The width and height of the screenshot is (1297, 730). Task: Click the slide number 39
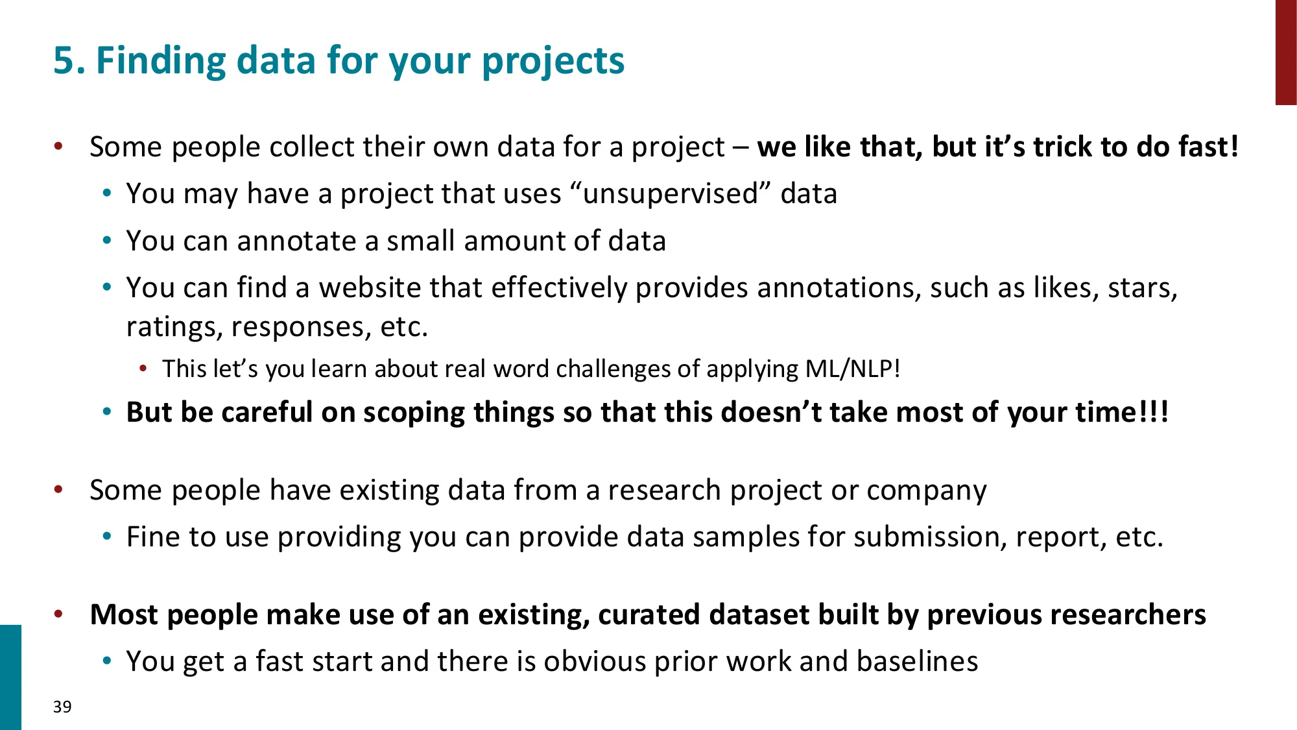[x=62, y=707]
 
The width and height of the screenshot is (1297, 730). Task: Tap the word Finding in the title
[x=160, y=61]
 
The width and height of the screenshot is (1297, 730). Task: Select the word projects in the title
[x=553, y=61]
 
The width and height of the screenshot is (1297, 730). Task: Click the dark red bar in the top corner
[x=1285, y=52]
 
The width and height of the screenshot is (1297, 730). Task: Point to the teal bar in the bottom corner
[x=10, y=677]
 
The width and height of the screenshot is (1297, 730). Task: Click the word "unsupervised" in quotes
[x=671, y=194]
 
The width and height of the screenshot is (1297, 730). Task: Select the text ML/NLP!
[x=852, y=369]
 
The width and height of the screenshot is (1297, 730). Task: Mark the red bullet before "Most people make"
[x=58, y=614]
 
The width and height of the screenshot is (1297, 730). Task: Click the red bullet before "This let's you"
[x=143, y=369]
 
